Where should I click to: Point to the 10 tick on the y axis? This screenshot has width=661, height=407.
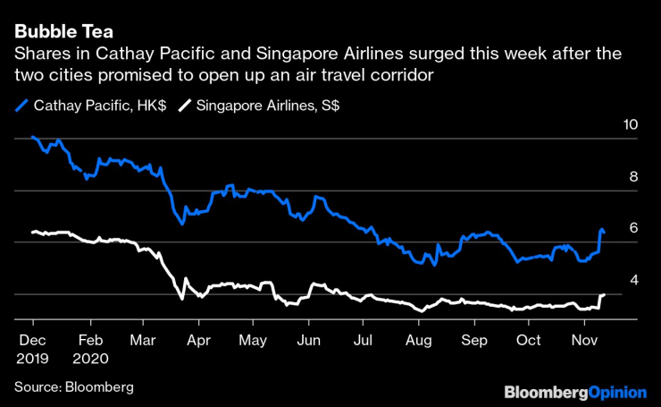[631, 125]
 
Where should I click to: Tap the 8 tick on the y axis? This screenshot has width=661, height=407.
[634, 177]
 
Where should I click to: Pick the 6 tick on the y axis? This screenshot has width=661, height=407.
[634, 229]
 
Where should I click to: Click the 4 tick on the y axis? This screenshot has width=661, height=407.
[634, 281]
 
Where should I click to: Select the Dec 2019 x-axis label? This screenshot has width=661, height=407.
[34, 348]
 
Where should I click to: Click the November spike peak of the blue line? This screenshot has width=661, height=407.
[602, 230]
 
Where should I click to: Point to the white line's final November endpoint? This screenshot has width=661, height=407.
[604, 294]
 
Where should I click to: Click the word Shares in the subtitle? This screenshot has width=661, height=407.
[38, 55]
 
